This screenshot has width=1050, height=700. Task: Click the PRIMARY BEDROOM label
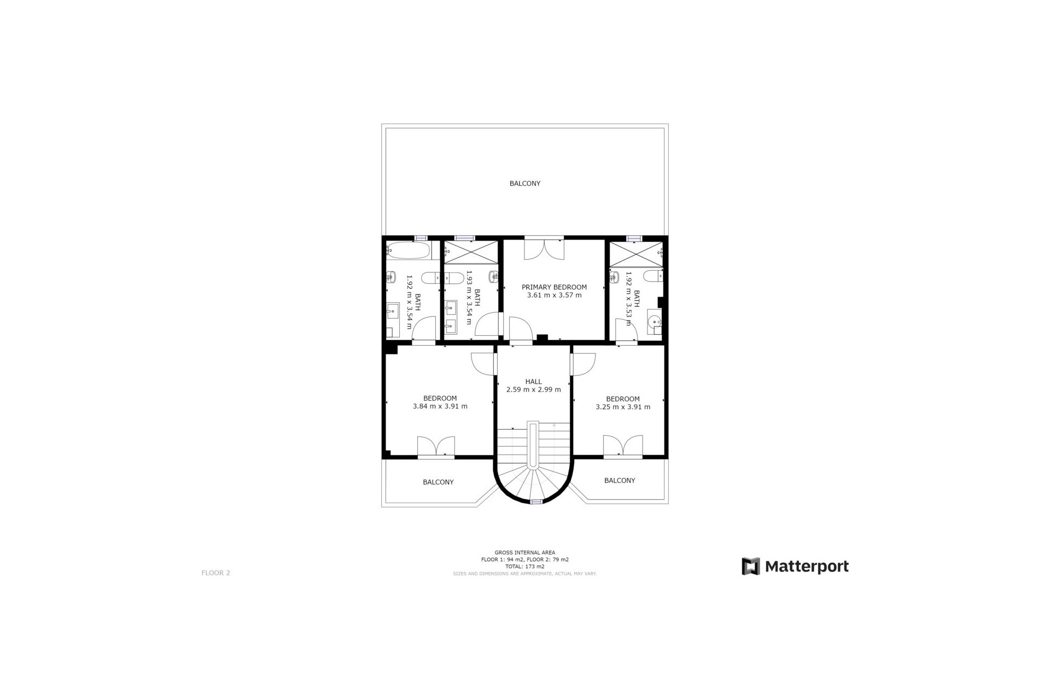click(554, 287)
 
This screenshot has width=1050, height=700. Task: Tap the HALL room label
click(533, 382)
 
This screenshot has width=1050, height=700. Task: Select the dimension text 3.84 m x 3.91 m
click(440, 406)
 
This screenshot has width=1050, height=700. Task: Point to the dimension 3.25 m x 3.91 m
click(622, 407)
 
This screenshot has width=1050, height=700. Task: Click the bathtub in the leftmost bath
click(408, 251)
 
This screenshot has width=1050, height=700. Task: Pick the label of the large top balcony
click(524, 184)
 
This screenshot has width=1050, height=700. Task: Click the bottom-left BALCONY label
click(438, 482)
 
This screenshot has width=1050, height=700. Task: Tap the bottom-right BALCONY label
click(619, 480)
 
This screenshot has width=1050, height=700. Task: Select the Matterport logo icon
click(750, 567)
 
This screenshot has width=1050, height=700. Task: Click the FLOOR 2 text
click(215, 573)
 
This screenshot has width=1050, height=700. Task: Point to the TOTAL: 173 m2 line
click(524, 567)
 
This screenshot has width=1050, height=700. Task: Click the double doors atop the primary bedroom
click(543, 249)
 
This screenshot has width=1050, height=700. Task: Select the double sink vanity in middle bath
click(451, 318)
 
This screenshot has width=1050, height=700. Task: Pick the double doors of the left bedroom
click(436, 446)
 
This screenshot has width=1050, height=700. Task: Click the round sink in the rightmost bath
click(654, 323)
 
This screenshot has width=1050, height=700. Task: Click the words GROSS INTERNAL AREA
click(524, 552)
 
